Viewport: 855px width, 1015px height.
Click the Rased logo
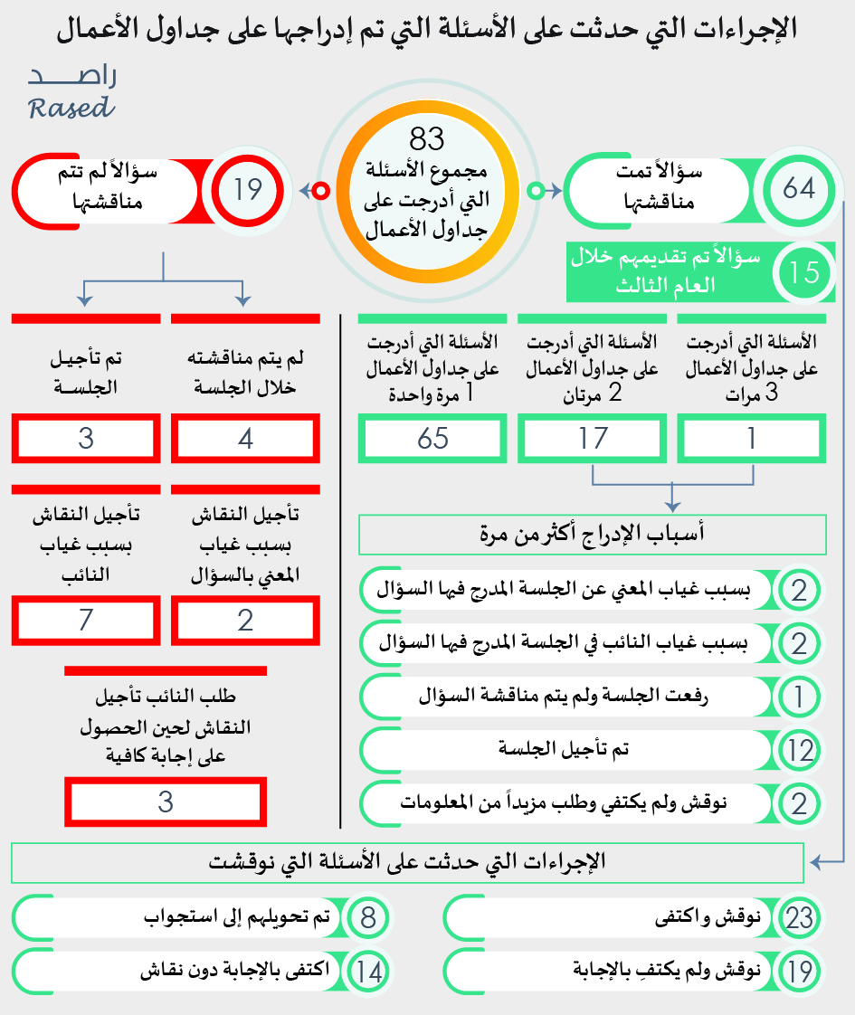coord(71,93)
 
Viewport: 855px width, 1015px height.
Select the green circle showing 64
coord(799,189)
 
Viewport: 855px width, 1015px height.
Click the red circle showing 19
coord(247,190)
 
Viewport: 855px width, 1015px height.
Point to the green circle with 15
coord(803,272)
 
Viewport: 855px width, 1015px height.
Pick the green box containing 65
coord(433,439)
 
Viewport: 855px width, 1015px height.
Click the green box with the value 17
coord(593,440)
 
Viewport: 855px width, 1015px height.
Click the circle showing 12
coord(800,749)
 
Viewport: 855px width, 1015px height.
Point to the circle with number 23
coord(799,918)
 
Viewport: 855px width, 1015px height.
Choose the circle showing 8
coord(367,918)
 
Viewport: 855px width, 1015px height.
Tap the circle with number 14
coord(367,972)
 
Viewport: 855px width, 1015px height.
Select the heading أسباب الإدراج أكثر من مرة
coord(593,535)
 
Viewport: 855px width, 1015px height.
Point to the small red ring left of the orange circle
coord(319,191)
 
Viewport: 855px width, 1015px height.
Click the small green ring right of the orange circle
coord(535,191)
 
